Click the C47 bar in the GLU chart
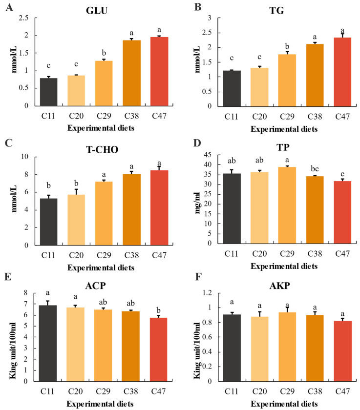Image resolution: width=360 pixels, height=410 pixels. [159, 71]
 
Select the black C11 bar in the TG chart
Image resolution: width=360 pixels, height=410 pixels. [232, 88]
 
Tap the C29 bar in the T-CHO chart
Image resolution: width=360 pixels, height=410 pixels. [104, 213]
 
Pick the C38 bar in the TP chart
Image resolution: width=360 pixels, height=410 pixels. [315, 210]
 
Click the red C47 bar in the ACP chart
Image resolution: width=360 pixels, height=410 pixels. [159, 349]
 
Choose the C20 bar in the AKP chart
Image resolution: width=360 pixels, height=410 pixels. [259, 349]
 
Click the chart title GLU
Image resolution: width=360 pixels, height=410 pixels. [97, 10]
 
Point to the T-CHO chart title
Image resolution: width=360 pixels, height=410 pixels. [102, 149]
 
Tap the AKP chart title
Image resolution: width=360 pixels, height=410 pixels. [280, 286]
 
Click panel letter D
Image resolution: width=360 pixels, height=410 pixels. [197, 143]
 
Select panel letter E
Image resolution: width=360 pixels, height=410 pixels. [8, 277]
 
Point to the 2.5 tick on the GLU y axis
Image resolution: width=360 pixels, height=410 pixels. [23, 18]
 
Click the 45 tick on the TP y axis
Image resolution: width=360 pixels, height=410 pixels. [208, 155]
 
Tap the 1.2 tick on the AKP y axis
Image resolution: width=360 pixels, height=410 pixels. [207, 292]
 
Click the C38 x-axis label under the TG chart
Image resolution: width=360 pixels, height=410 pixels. [315, 117]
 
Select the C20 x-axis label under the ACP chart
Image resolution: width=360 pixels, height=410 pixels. [75, 391]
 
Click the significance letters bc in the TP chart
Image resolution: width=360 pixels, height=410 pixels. [315, 169]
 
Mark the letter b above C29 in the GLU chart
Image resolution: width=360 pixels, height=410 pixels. [104, 53]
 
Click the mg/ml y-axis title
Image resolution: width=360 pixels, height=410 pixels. [198, 203]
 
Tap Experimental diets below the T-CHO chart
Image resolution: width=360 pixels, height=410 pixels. [101, 268]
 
